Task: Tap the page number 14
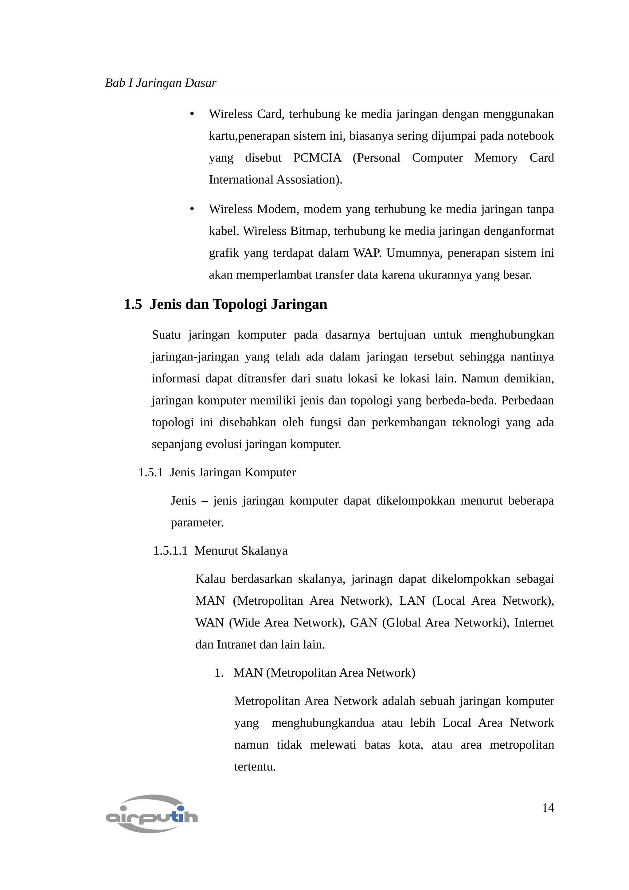pos(548,808)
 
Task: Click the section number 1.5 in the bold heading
pos(133,304)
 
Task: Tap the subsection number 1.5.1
pos(150,473)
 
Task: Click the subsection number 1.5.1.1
pos(170,551)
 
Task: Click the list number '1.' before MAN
pos(219,673)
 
